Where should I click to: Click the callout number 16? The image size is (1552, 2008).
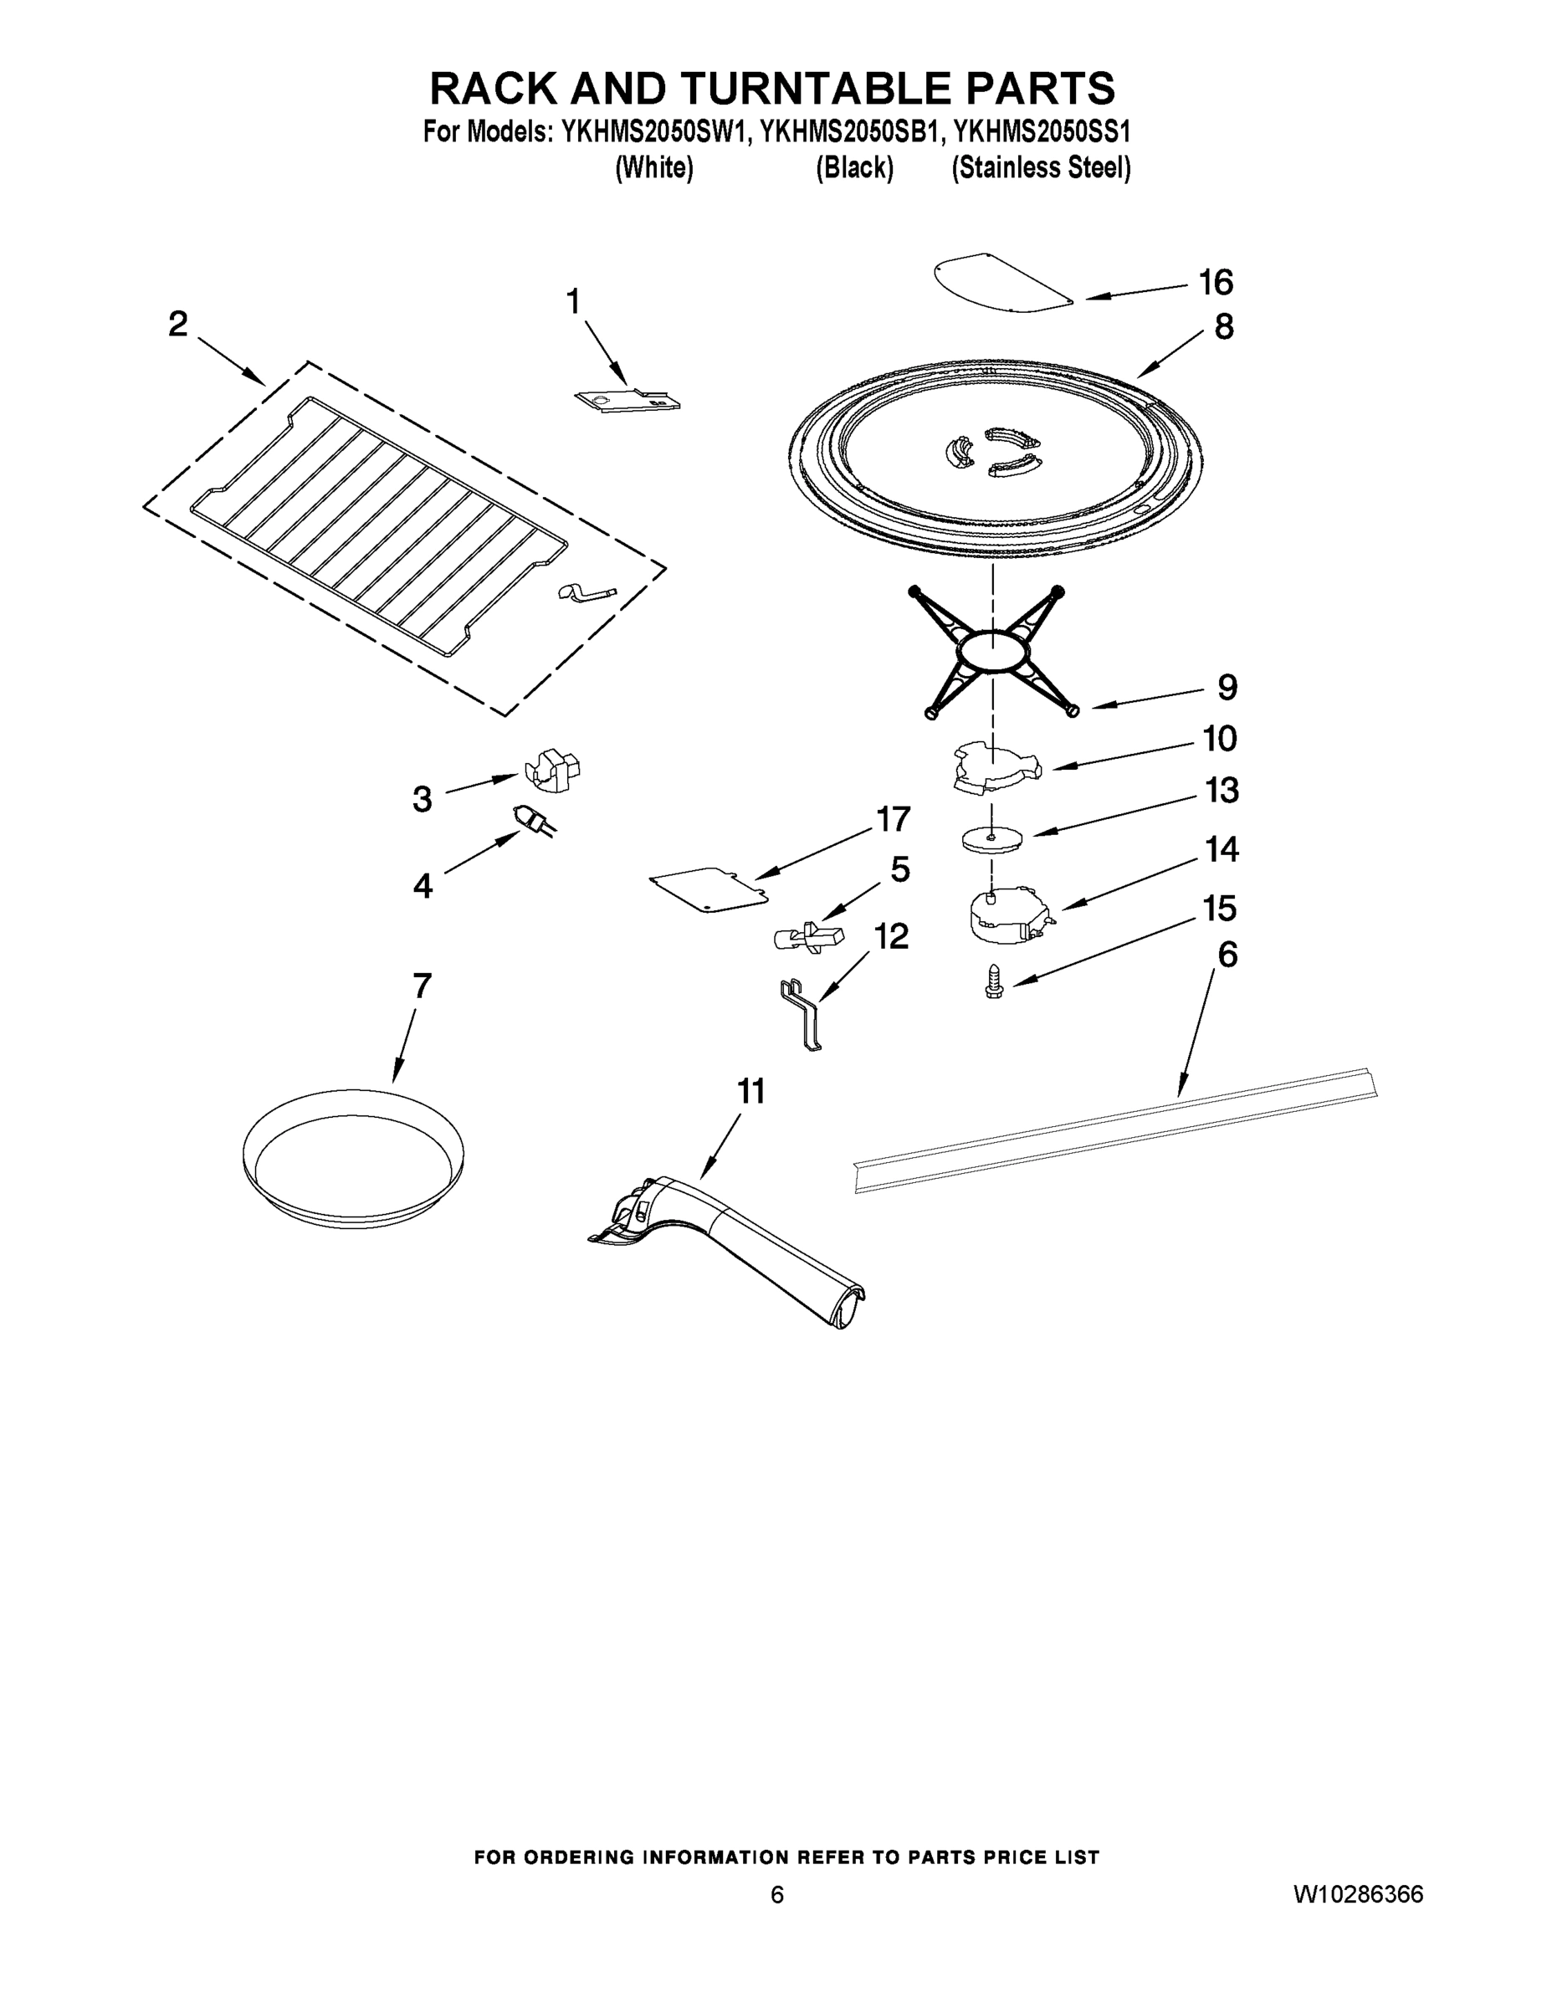[1216, 282]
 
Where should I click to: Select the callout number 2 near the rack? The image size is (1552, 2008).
[178, 324]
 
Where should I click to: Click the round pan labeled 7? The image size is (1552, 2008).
[353, 1159]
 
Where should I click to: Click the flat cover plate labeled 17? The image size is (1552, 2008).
[708, 890]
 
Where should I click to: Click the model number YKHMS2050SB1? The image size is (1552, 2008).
[852, 132]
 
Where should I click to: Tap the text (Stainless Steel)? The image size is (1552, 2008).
[1041, 168]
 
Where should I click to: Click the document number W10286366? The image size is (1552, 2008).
[1357, 1894]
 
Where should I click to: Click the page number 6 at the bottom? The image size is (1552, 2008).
[777, 1894]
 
